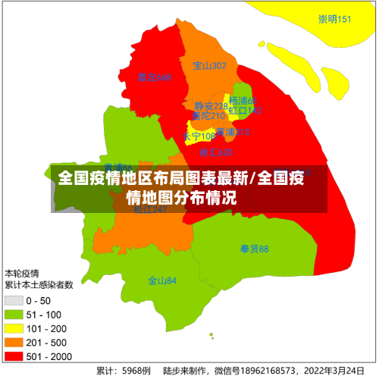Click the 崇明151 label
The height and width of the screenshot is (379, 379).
(334, 19)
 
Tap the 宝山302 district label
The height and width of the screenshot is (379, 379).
(209, 66)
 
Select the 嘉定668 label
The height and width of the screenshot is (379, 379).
(155, 77)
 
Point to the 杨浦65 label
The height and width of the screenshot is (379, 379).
(243, 101)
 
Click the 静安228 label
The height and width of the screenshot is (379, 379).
(210, 106)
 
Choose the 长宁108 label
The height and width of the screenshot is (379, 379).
(199, 136)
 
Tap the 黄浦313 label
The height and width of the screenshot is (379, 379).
(231, 132)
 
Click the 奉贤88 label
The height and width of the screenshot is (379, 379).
(254, 249)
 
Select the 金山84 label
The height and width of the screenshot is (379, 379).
(162, 280)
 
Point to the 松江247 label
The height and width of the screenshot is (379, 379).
(150, 210)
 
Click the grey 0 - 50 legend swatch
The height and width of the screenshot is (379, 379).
(14, 301)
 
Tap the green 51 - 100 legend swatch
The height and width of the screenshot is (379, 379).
(14, 315)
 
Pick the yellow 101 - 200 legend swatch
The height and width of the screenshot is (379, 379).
(14, 328)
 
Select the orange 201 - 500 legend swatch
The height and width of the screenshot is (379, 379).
(14, 342)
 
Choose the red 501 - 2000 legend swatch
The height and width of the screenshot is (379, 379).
(14, 356)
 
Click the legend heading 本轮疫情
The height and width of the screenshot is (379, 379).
(22, 273)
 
